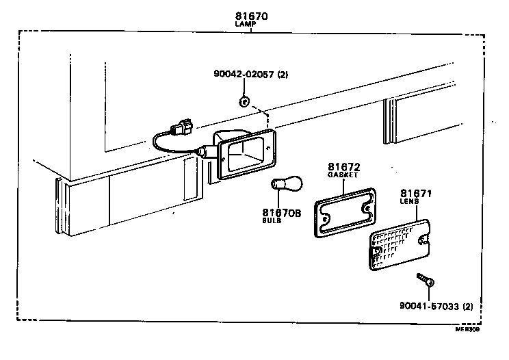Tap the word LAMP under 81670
point(246,24)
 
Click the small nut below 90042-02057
point(244,103)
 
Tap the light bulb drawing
point(282,185)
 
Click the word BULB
point(272,222)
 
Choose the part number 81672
point(343,167)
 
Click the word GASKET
point(342,175)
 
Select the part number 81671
point(416,194)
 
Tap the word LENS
point(410,203)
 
